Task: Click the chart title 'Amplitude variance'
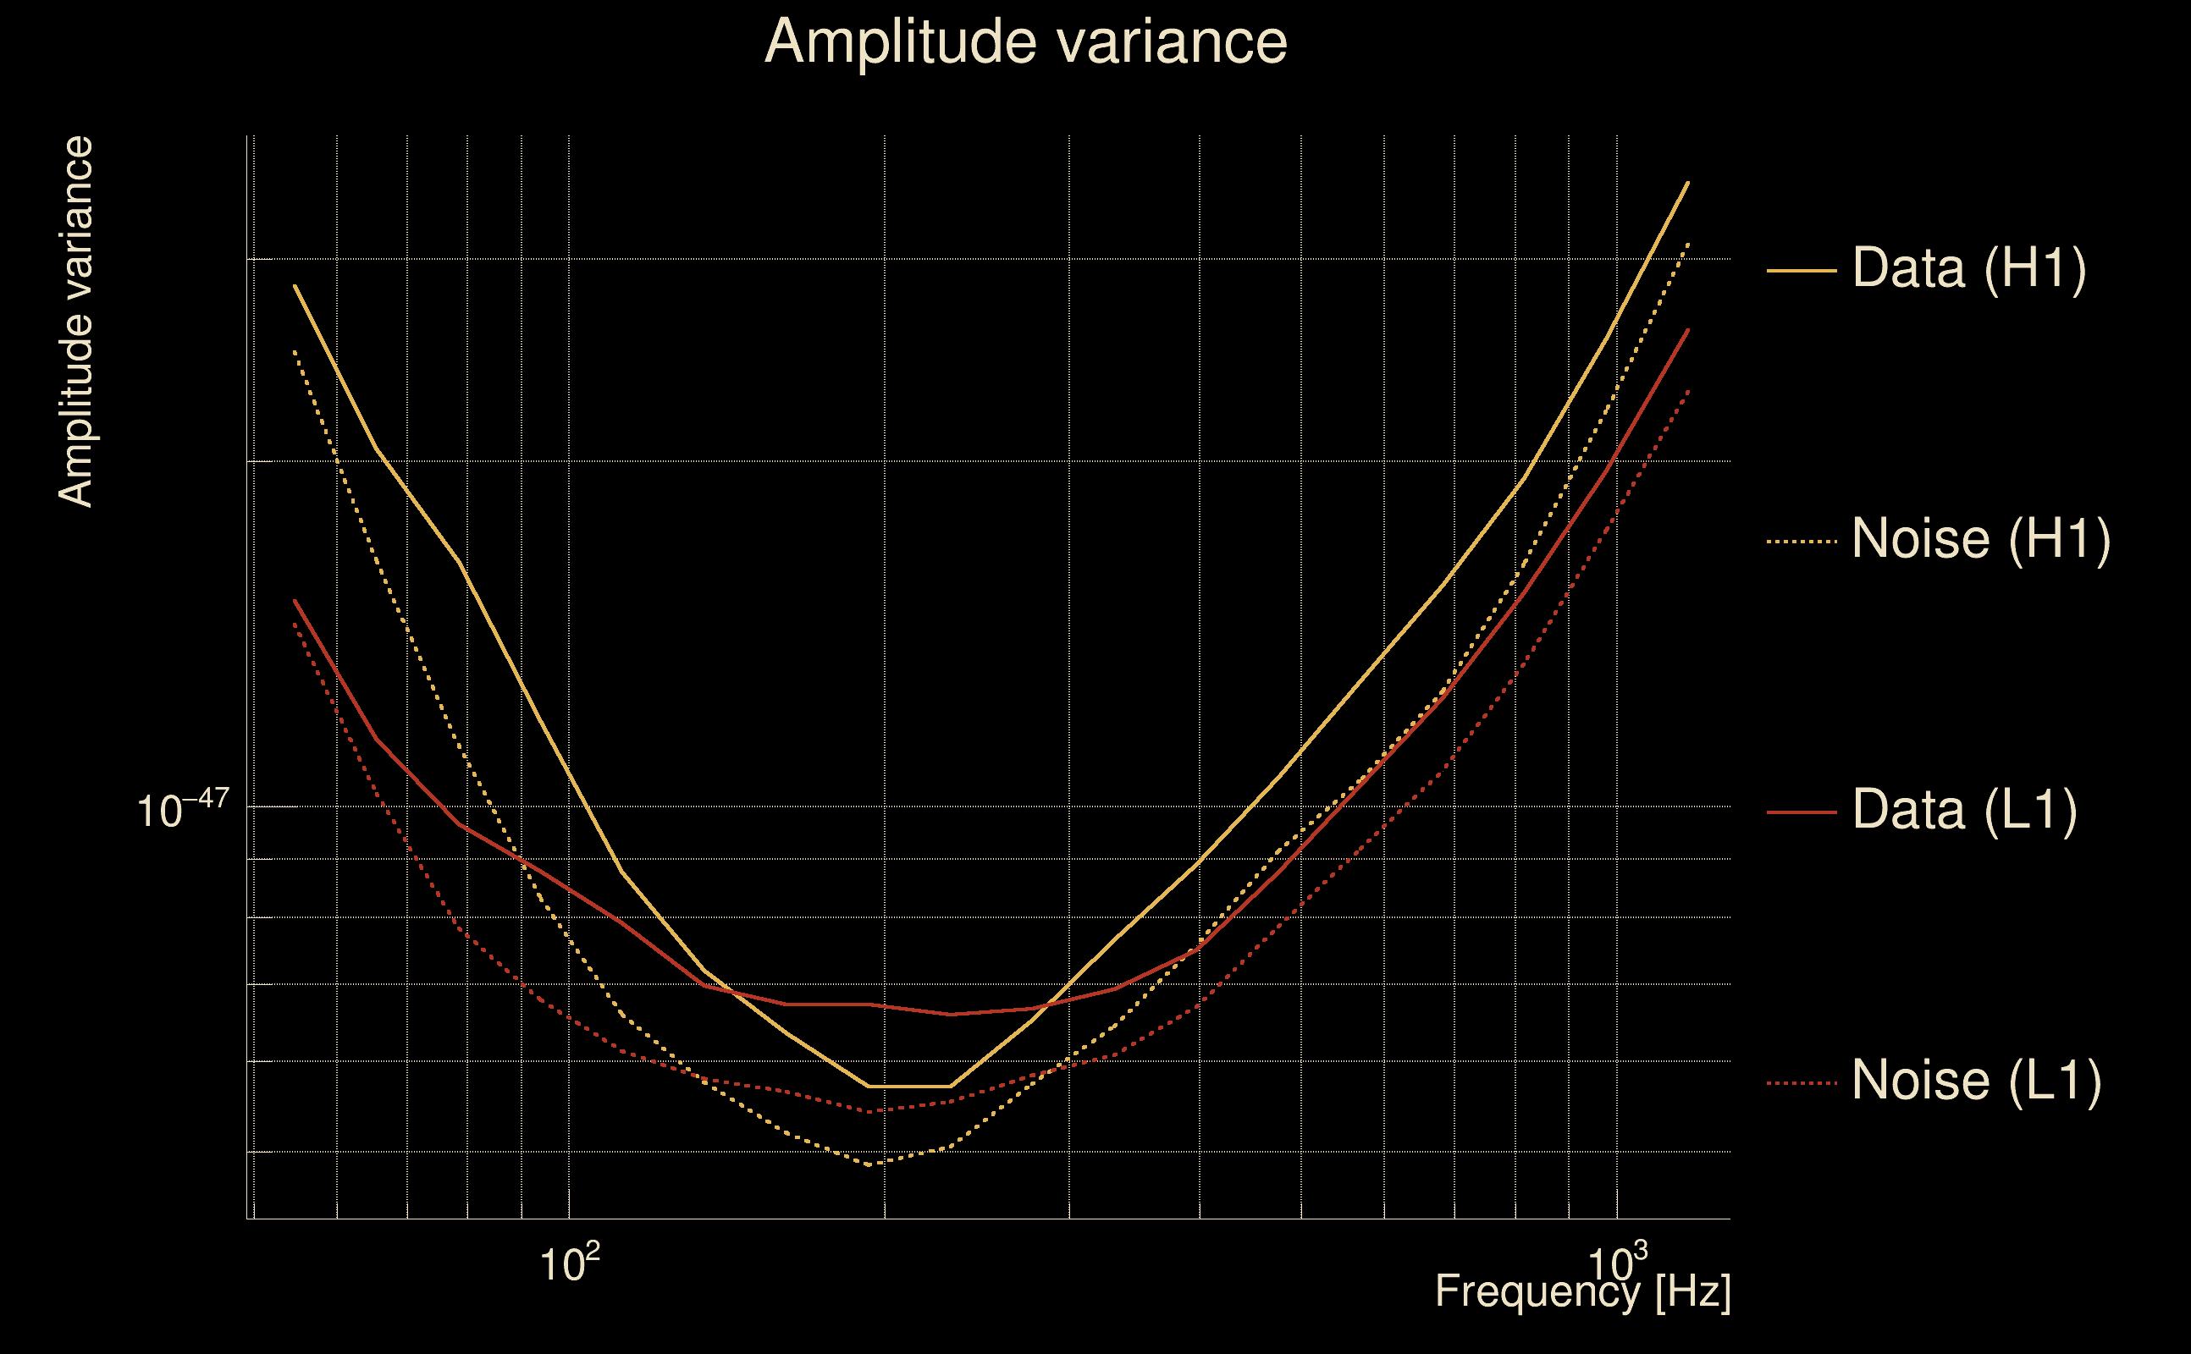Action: tap(1025, 42)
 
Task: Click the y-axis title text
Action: tap(76, 322)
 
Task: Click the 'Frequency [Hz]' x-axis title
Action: tap(1583, 1292)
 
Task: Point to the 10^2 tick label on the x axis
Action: tap(569, 1263)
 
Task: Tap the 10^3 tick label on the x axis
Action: tap(1617, 1263)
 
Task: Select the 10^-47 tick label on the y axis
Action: tap(183, 811)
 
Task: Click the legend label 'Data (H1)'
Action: tap(1969, 267)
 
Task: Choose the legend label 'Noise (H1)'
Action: tap(1980, 539)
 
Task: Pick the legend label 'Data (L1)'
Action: tap(1964, 811)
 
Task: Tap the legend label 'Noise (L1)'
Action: tap(1976, 1081)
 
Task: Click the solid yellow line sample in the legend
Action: tap(1802, 270)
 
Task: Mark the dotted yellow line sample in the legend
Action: tap(1802, 541)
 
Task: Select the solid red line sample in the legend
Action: tap(1802, 812)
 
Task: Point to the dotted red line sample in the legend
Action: tap(1802, 1083)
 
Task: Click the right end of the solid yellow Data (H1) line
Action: tap(1688, 182)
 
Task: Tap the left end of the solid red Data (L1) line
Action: tap(295, 601)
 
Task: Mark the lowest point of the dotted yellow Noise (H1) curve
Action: tap(869, 1165)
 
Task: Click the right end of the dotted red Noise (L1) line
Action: tap(1688, 390)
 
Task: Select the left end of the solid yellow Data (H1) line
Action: tap(295, 286)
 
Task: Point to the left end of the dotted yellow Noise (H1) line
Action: tap(295, 351)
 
